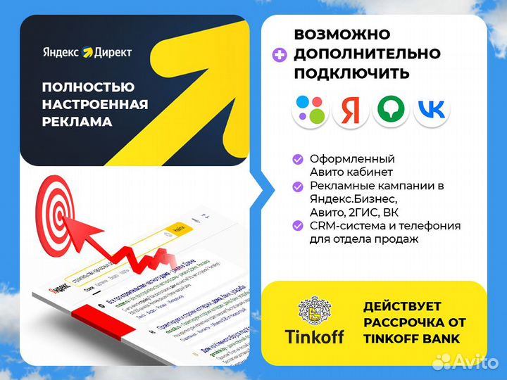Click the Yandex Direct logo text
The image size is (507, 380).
point(87,52)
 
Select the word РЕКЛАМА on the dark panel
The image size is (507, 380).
point(77,122)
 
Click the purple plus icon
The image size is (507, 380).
point(280,54)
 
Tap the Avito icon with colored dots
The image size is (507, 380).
point(311,109)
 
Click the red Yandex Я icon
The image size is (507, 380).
point(351,109)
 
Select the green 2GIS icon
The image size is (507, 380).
point(391,109)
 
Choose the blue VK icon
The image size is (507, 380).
point(431,109)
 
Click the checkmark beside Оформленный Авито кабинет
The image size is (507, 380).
point(298,159)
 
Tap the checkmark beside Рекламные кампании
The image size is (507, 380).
point(298,186)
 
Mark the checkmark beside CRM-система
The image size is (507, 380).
point(298,226)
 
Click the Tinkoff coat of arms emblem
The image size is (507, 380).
point(315,310)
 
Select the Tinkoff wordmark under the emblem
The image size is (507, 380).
point(315,336)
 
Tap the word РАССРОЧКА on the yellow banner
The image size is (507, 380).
point(401,323)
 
